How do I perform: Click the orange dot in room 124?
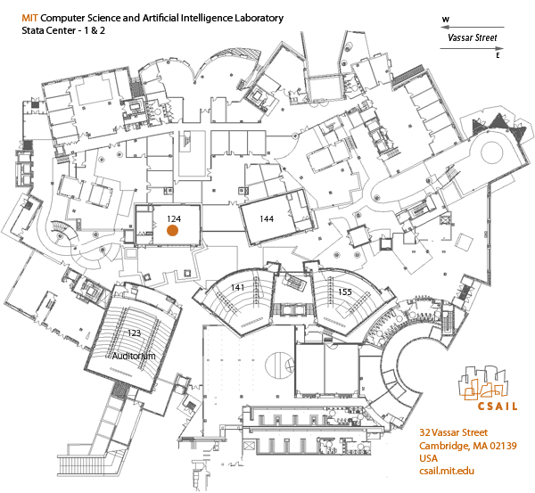tap(173, 230)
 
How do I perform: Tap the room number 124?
tap(174, 218)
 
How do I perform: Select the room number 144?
tap(266, 218)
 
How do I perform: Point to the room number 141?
tap(237, 287)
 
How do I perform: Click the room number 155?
tap(345, 292)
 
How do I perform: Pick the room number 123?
tap(134, 333)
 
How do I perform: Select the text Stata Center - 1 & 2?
tap(58, 31)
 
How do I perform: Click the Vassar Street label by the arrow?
tap(473, 38)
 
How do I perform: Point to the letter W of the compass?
tap(446, 18)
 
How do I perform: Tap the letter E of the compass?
tap(497, 55)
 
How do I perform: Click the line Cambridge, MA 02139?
tap(468, 446)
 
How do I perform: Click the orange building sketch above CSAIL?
tap(485, 383)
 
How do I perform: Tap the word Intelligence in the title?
tap(193, 18)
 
